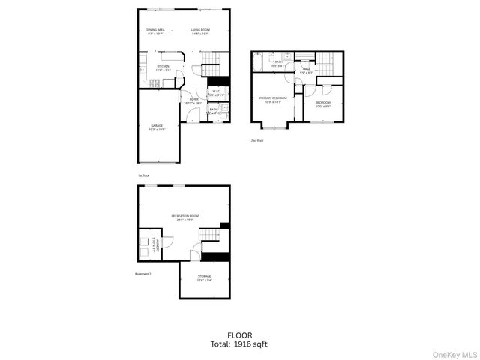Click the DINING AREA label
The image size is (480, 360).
tap(156, 31)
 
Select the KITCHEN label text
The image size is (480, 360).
tap(163, 66)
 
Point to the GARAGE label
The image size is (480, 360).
tap(157, 126)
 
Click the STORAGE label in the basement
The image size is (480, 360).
tap(205, 276)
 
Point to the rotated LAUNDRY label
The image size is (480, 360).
tap(155, 245)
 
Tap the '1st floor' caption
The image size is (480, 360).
tap(142, 175)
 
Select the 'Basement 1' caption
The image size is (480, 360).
tap(143, 274)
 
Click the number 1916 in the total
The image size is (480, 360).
tap(244, 344)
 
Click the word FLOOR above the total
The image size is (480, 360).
tap(239, 334)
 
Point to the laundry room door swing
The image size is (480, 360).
tap(168, 241)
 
